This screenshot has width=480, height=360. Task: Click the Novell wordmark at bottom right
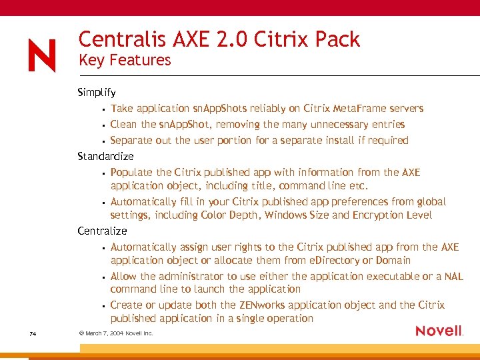[x=439, y=331]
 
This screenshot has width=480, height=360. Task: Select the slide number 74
[x=33, y=333]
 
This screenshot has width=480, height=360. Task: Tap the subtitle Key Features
[x=125, y=60]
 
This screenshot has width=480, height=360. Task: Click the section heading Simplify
[x=97, y=93]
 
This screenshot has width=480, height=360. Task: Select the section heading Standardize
[x=105, y=157]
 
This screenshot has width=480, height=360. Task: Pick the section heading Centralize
[x=102, y=231]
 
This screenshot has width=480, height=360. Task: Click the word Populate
[x=132, y=173]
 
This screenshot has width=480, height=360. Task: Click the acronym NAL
[x=453, y=277]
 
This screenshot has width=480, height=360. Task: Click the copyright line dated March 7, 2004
[x=115, y=333]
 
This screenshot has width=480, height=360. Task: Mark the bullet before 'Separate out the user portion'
[x=103, y=141]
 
